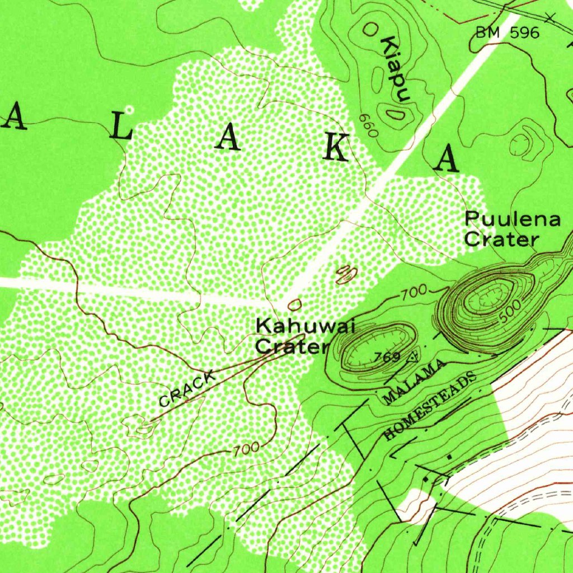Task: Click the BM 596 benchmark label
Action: click(508, 33)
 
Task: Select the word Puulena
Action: click(513, 219)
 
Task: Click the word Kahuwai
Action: click(290, 325)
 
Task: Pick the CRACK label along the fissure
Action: click(187, 390)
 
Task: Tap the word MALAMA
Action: click(416, 383)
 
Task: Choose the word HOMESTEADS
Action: click(431, 406)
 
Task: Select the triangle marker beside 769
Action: click(414, 356)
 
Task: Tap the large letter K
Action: click(338, 148)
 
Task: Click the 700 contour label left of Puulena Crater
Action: click(414, 291)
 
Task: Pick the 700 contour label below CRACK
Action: click(245, 449)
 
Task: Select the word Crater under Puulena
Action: click(501, 240)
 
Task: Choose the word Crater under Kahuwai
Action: click(292, 347)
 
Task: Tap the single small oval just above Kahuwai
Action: click(294, 304)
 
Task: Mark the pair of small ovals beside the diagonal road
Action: click(346, 274)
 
